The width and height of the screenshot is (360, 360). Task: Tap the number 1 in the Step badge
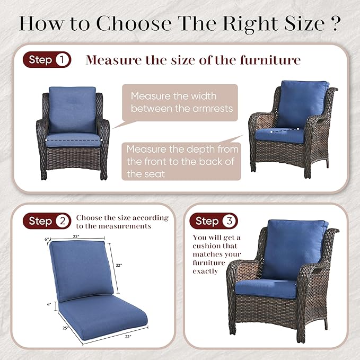(x=62, y=60)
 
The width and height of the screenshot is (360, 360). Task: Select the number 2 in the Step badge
(x=63, y=221)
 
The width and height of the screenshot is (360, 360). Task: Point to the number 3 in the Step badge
(x=230, y=221)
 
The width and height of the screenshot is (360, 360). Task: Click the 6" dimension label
(x=47, y=239)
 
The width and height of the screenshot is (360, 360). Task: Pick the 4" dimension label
(x=49, y=304)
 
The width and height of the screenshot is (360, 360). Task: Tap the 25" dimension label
(x=65, y=328)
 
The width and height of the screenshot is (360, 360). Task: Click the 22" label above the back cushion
(x=76, y=236)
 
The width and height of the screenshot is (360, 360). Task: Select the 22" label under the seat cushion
(x=128, y=337)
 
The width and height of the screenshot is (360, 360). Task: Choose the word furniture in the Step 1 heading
(x=270, y=60)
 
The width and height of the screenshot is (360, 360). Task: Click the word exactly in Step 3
(x=205, y=271)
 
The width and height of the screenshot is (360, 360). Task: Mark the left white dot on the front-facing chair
(x=46, y=140)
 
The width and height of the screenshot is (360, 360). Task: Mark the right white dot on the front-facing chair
(x=101, y=140)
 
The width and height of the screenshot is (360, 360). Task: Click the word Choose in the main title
(x=134, y=23)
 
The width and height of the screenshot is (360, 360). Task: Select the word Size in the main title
(x=305, y=23)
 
